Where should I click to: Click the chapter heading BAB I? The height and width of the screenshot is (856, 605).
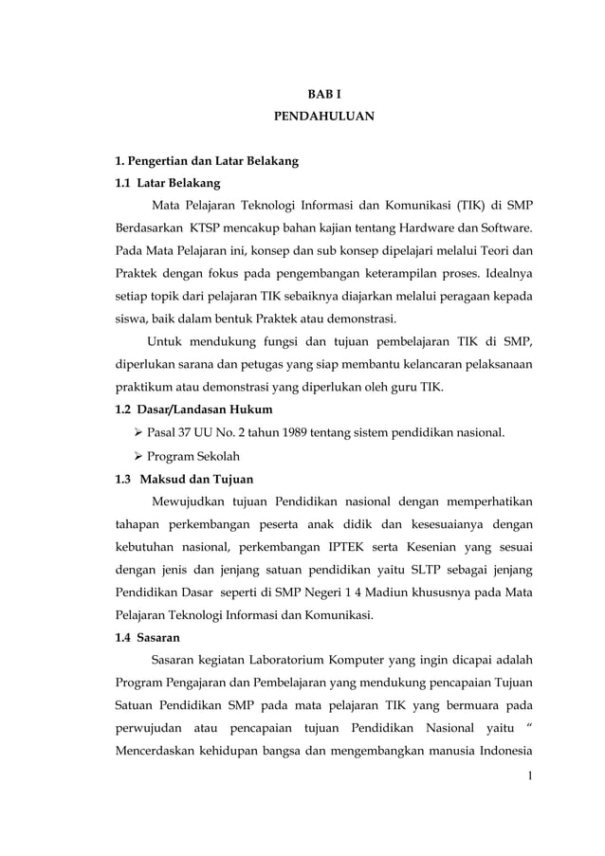(323, 96)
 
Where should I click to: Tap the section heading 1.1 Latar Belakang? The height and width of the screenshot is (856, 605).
(167, 182)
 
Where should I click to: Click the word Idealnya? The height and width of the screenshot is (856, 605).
(501, 273)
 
